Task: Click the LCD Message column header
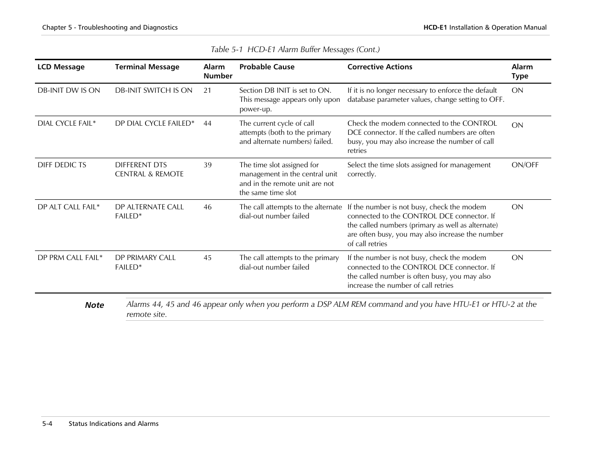61,67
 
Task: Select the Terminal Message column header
147,67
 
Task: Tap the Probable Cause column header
267,67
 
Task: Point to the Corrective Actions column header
379,67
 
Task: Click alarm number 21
207,90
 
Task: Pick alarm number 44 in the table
207,123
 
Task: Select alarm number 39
207,165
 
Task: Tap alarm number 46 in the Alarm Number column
207,207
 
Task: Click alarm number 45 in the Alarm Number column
207,258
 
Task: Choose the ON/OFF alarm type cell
524,165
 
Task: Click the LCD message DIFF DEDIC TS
62,165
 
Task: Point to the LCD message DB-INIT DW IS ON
68,90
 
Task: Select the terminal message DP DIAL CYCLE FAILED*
155,123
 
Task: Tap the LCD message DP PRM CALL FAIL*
70,258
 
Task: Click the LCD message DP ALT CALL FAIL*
68,207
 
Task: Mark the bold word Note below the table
94,305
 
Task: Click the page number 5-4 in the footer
47,423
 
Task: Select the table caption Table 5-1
295,50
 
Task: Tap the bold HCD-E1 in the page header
435,28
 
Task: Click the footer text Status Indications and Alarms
113,423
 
